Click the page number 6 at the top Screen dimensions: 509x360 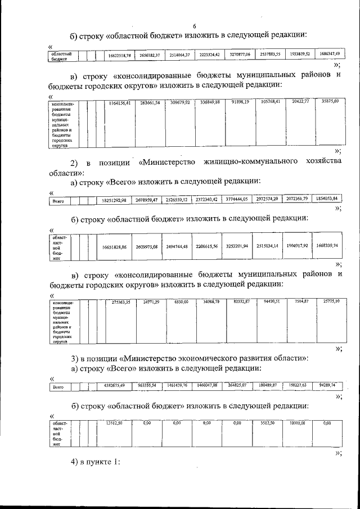pyautogui.click(x=194, y=26)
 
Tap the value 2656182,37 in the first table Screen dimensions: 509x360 pyautogui.click(x=150, y=55)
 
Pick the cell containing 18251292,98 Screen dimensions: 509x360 pyautogui.click(x=114, y=200)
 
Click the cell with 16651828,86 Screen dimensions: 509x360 pyautogui.click(x=114, y=247)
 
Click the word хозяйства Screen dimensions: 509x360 pyautogui.click(x=322, y=163)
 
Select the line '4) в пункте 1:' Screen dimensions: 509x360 pyautogui.click(x=96, y=462)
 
